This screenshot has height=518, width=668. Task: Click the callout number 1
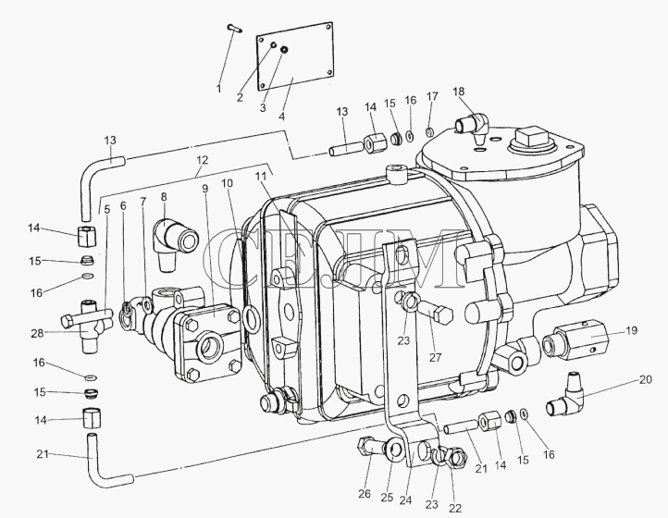pos(218,89)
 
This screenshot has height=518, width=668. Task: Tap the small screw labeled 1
pos(234,28)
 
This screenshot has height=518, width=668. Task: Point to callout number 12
pos(203,160)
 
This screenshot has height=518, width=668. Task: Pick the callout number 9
pos(205,189)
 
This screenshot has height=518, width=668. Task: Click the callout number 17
pos(432,96)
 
